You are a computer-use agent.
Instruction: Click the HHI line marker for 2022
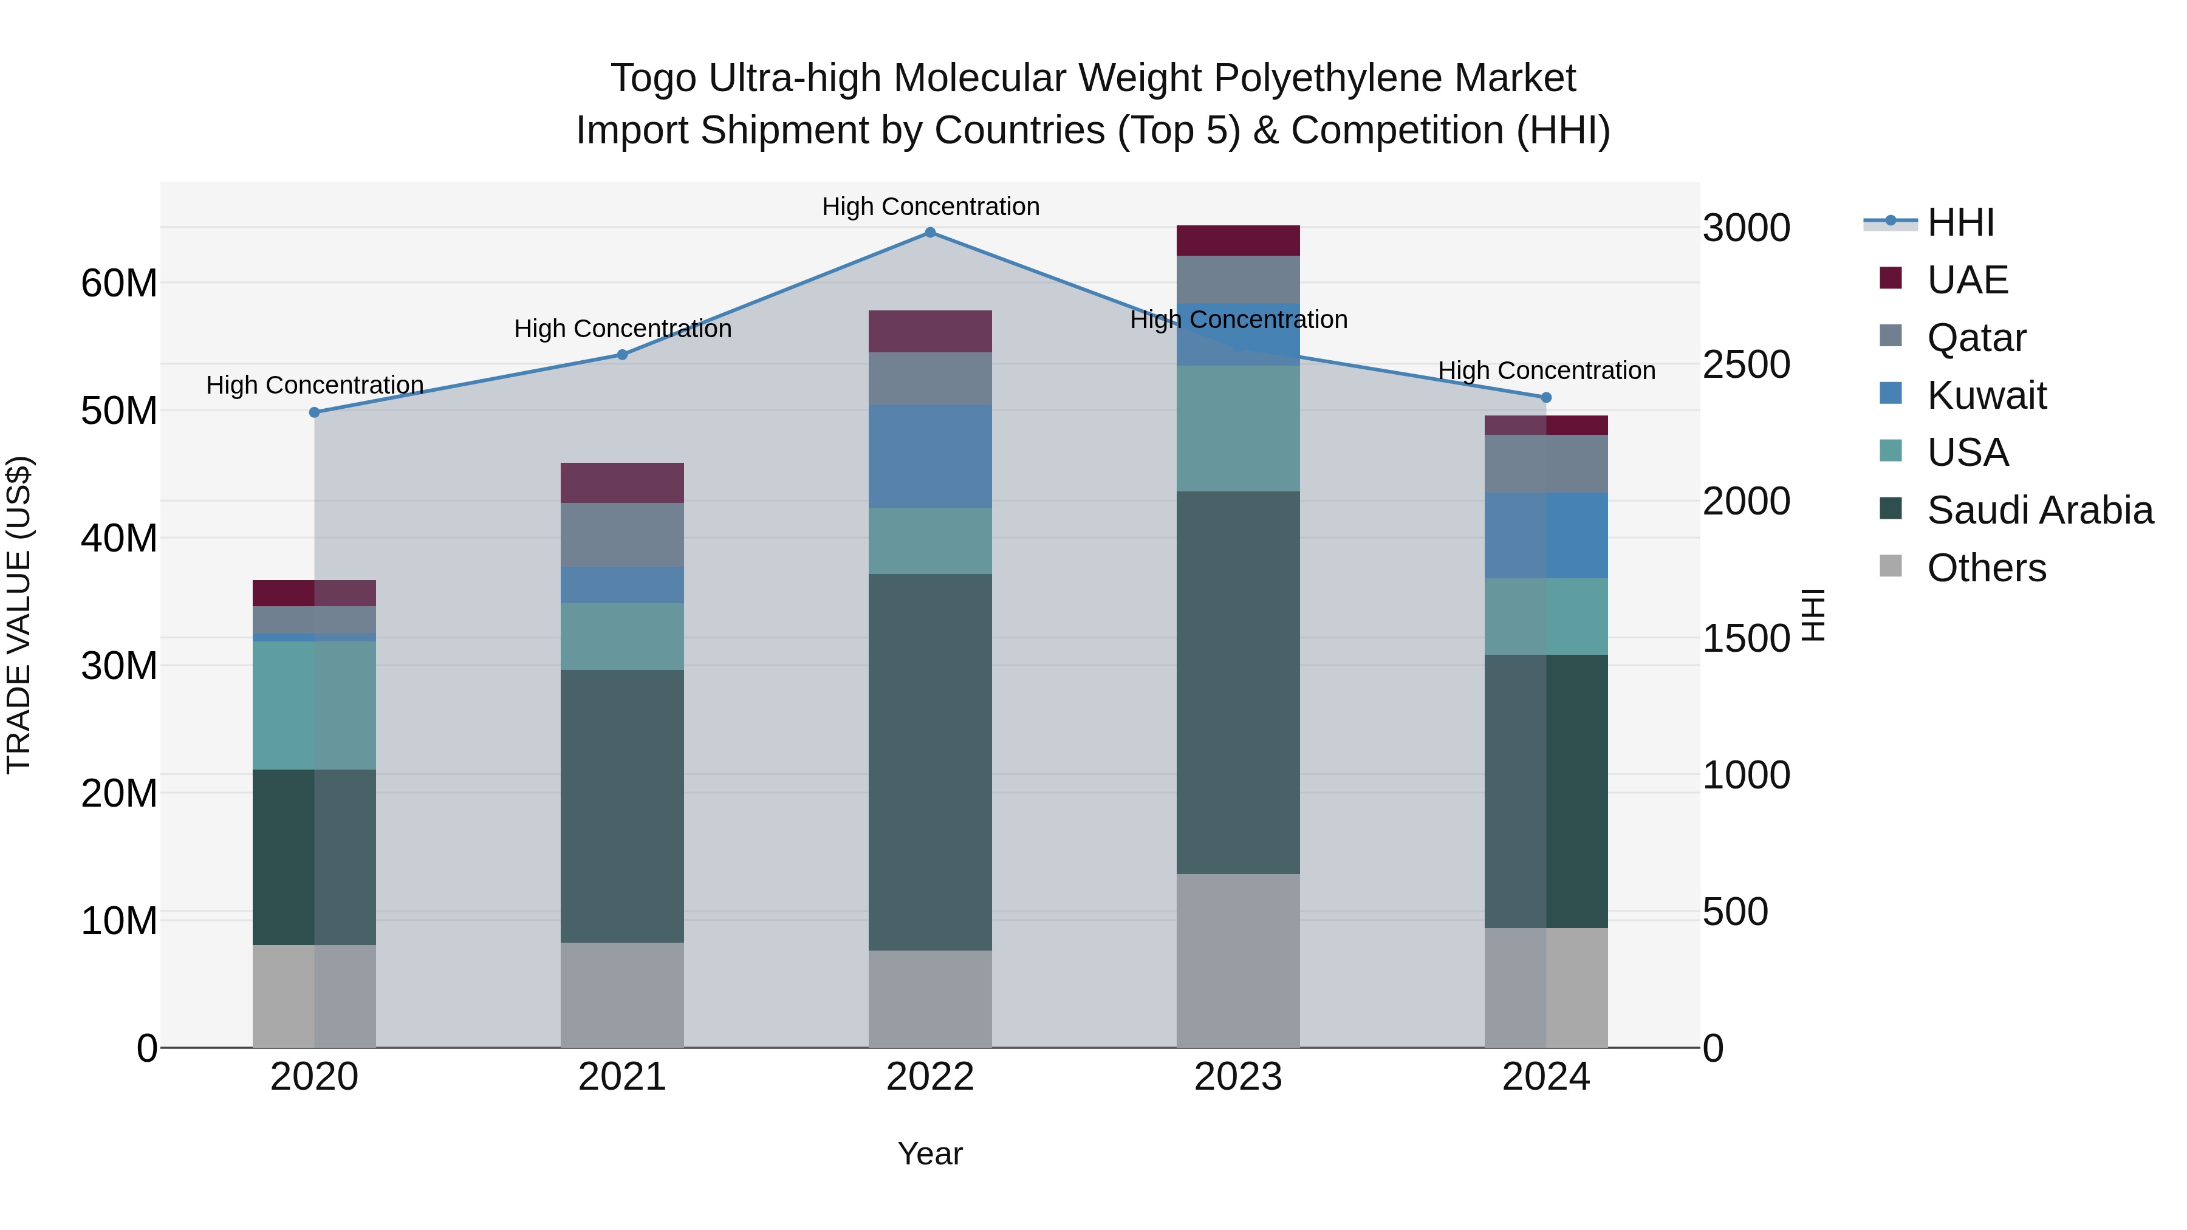(x=931, y=233)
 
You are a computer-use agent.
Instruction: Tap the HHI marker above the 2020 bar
(x=314, y=412)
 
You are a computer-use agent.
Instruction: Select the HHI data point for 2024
(x=1546, y=397)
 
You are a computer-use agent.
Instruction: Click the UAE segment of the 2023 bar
(x=1238, y=240)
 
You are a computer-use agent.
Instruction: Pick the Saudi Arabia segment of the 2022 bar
(x=931, y=762)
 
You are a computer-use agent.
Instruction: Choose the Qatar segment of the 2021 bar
(x=622, y=535)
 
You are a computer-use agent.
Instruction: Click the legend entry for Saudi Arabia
(x=2039, y=510)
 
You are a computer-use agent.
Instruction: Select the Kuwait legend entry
(x=1987, y=395)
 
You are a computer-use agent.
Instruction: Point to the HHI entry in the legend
(x=1960, y=222)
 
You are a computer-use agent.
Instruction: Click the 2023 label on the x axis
(x=1238, y=1077)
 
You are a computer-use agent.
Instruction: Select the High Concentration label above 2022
(x=931, y=207)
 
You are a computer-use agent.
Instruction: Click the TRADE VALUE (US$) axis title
(x=19, y=615)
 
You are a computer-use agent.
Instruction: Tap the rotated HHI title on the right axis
(x=1813, y=615)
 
